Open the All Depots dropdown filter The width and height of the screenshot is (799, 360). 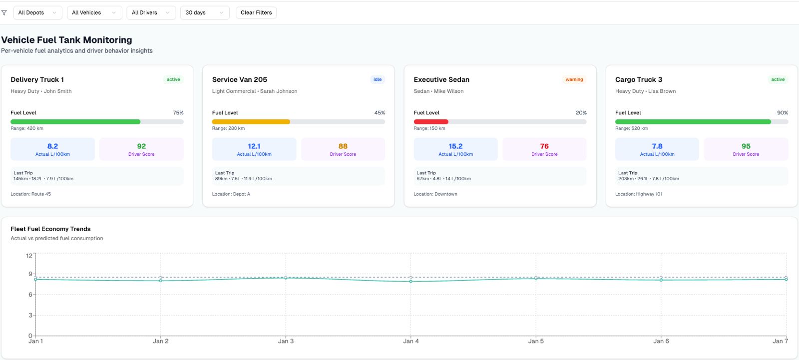tap(37, 12)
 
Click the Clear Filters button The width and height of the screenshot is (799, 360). tap(256, 12)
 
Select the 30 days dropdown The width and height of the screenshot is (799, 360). tap(204, 12)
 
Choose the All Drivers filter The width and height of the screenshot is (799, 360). tap(150, 12)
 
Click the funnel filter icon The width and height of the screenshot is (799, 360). tap(4, 12)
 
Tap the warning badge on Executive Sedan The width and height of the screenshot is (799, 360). tap(574, 79)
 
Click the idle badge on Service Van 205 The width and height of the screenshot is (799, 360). tap(377, 79)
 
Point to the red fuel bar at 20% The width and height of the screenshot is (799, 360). tap(431, 121)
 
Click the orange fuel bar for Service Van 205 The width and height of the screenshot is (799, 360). tap(251, 121)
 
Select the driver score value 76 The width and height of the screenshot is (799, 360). tap(544, 146)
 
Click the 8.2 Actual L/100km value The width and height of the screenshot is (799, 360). tap(52, 146)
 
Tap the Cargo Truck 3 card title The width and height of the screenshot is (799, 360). tap(638, 79)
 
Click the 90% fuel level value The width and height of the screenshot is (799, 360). tap(782, 113)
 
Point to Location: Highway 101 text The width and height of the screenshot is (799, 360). tap(638, 194)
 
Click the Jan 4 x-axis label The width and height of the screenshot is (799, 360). tap(410, 341)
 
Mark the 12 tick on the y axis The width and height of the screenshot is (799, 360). tap(29, 256)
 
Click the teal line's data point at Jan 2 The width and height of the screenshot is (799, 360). tap(160, 281)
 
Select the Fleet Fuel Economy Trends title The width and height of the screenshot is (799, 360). tap(50, 229)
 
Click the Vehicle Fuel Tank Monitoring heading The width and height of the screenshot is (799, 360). tap(66, 40)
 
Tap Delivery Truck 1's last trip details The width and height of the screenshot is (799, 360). tap(43, 178)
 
